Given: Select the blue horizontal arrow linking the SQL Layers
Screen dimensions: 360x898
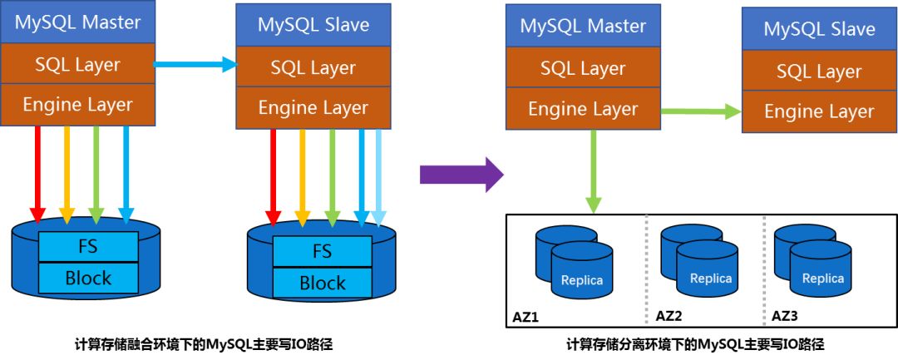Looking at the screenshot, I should point(196,63).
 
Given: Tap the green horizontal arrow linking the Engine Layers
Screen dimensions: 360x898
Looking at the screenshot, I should point(701,111).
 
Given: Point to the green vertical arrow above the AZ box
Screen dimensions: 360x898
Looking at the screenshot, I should point(593,171).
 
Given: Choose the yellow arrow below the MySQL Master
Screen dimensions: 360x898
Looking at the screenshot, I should point(67,171).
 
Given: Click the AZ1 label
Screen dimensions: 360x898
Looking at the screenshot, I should point(527,317).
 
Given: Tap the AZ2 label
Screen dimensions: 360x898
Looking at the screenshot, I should point(669,316).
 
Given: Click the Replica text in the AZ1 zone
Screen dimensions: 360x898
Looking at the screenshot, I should point(581,280).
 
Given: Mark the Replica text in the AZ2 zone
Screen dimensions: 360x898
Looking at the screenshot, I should point(710,279).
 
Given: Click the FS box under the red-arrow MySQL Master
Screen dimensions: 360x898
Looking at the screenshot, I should point(88,246).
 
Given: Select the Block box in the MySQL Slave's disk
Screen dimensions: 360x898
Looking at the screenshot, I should point(322,282).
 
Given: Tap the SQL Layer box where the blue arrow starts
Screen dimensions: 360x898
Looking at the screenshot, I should point(78,63).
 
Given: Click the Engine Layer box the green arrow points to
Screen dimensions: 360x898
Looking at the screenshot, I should point(819,111).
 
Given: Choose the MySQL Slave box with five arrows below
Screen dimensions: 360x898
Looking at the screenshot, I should point(313,25).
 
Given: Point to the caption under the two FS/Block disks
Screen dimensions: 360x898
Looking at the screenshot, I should point(204,343).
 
